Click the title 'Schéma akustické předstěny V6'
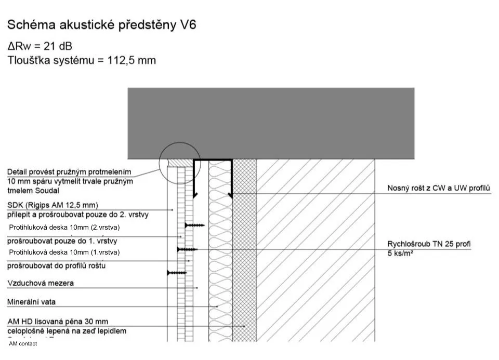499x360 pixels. [x=101, y=25]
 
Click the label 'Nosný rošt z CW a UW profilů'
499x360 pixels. [x=439, y=188]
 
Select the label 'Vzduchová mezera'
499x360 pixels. [x=40, y=283]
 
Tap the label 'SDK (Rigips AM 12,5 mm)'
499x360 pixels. [x=52, y=205]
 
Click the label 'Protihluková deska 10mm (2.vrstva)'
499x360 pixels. [x=64, y=227]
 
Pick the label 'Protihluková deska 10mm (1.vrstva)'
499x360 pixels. [x=64, y=252]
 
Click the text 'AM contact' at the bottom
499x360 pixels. [x=23, y=343]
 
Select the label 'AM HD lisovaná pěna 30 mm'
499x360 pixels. [x=58, y=322]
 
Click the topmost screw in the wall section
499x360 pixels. [x=195, y=225]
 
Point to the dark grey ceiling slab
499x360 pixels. [x=271, y=123]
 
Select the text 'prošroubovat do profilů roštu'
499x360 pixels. [x=57, y=266]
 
